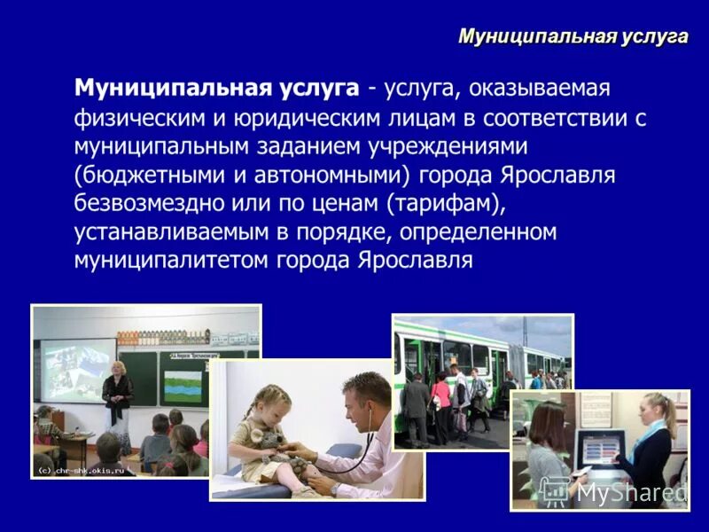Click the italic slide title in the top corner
pos(573,36)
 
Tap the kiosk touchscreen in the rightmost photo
pos(591,444)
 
